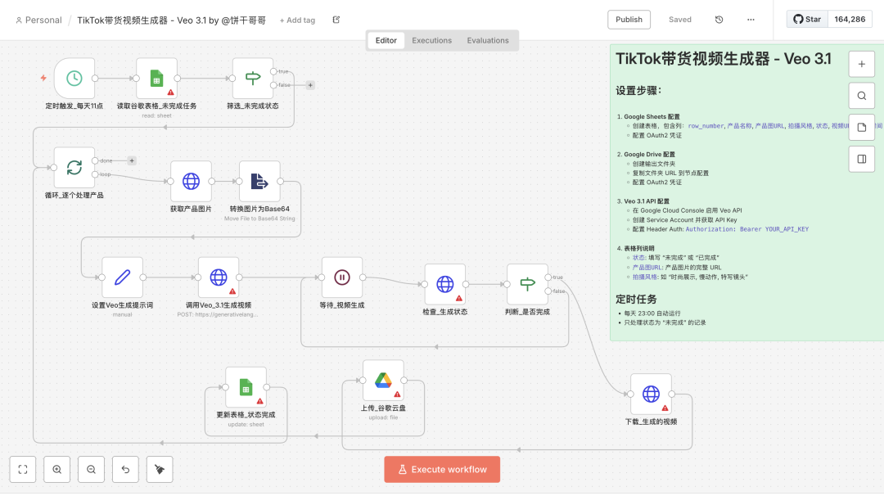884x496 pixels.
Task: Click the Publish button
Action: (x=629, y=20)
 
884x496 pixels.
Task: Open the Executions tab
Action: (x=431, y=40)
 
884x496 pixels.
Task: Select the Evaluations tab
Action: (x=488, y=40)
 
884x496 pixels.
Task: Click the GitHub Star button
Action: (x=807, y=20)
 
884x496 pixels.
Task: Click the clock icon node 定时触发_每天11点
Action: (x=74, y=78)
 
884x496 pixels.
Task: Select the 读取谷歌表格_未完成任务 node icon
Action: (x=156, y=78)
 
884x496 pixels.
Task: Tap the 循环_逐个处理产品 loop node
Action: (x=74, y=167)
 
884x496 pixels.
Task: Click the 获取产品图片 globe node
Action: (x=191, y=181)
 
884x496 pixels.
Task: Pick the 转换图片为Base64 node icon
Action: (x=259, y=181)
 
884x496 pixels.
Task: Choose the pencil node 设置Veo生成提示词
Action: (x=123, y=277)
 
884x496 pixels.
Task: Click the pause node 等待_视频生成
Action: (x=342, y=277)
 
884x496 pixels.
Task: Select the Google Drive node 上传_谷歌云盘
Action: (x=383, y=381)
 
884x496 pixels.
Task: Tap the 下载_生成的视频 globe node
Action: (x=651, y=394)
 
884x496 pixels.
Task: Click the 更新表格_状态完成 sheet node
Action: (x=246, y=387)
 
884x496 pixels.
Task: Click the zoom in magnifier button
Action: (x=56, y=469)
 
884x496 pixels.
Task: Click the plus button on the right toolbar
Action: (x=861, y=63)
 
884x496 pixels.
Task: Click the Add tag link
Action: (x=297, y=20)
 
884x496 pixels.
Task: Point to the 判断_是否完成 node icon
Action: (x=527, y=284)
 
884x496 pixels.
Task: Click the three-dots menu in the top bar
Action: (x=751, y=20)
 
